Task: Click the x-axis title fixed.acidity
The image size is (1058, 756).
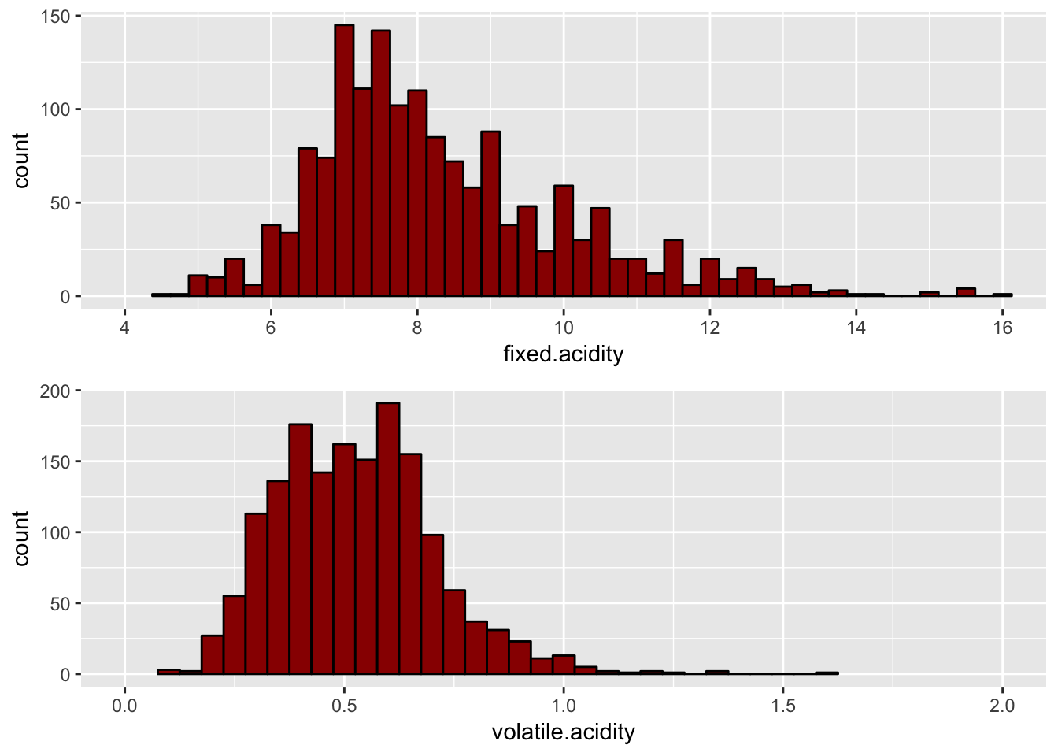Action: coord(563,354)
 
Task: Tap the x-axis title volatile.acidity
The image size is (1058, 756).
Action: coord(563,732)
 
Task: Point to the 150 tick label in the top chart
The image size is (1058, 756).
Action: coord(55,17)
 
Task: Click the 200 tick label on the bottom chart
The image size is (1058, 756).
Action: coord(55,391)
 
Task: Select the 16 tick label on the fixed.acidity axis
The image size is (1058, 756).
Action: coord(1002,328)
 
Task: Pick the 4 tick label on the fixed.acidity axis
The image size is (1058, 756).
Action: coord(124,328)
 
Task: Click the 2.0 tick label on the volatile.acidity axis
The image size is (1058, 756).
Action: coord(1002,706)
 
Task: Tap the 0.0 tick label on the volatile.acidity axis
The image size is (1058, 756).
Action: coord(124,706)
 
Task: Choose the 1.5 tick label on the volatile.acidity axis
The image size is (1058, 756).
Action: coord(782,706)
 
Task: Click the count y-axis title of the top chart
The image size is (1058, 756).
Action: coord(21,160)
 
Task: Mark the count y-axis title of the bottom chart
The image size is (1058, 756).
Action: coord(21,538)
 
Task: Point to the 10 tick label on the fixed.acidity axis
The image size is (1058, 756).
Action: coord(563,328)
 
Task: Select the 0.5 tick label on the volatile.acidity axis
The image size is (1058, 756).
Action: coord(344,706)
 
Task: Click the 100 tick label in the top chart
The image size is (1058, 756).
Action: coord(55,109)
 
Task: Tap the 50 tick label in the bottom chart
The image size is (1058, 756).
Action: coord(60,604)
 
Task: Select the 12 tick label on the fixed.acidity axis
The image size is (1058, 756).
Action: coord(710,328)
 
